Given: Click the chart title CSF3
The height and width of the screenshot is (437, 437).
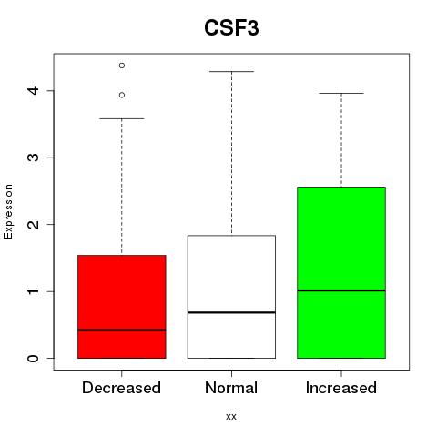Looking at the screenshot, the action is (x=231, y=28).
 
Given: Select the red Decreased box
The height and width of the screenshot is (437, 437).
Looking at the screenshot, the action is (x=122, y=307).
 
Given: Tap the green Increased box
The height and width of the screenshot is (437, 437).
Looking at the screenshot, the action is (x=341, y=272).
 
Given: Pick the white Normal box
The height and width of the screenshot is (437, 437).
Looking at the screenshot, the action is (x=231, y=297).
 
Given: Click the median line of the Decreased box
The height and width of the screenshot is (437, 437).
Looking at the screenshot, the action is (x=122, y=330).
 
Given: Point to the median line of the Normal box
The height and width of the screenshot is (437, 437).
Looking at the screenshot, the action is (x=231, y=312).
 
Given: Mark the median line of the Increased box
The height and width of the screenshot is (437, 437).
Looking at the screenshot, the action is (x=341, y=290).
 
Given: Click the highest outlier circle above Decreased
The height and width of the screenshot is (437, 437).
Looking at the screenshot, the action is (x=122, y=66).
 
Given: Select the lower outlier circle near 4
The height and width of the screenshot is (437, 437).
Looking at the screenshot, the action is (x=122, y=95).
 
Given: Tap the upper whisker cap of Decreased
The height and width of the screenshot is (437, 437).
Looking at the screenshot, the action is (x=122, y=118).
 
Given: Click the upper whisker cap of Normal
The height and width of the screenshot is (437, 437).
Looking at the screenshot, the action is (x=231, y=72).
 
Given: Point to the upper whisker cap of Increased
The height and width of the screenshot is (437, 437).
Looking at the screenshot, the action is (x=341, y=93).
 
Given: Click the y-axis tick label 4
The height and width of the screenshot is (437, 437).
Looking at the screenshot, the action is (x=34, y=90).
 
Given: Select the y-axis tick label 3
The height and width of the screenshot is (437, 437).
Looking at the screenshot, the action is (x=34, y=158).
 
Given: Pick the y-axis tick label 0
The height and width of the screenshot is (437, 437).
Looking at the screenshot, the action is (x=34, y=358).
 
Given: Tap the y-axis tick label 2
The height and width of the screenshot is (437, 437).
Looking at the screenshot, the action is (x=34, y=224).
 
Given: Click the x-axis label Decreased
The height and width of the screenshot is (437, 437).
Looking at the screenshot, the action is (x=121, y=388).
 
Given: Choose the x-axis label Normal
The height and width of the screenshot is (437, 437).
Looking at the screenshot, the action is (x=231, y=388).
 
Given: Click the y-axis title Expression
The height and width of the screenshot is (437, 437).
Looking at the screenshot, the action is (x=8, y=211).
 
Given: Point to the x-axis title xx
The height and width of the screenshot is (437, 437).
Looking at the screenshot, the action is (x=231, y=417).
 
